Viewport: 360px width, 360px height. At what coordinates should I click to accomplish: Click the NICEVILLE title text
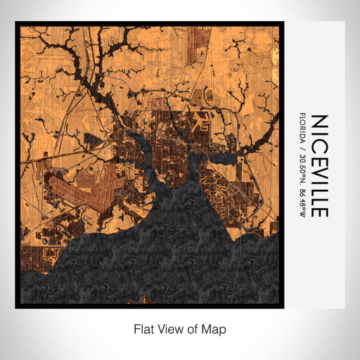(318, 166)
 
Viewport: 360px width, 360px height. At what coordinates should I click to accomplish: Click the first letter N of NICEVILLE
(318, 120)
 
